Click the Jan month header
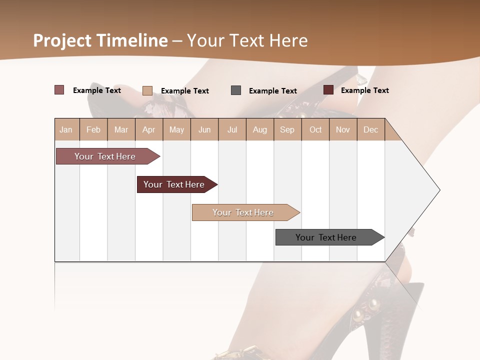click(66, 129)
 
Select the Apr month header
click(148, 129)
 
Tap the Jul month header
click(232, 129)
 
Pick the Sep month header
click(287, 129)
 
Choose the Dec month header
click(370, 129)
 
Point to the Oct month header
click(315, 129)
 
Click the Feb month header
click(93, 129)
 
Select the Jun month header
click(204, 129)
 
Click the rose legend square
click(59, 90)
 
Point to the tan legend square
click(147, 90)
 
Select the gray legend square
click(236, 90)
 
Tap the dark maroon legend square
click(328, 90)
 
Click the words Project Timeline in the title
click(100, 40)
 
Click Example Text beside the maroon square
click(364, 90)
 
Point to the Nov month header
click(343, 129)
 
